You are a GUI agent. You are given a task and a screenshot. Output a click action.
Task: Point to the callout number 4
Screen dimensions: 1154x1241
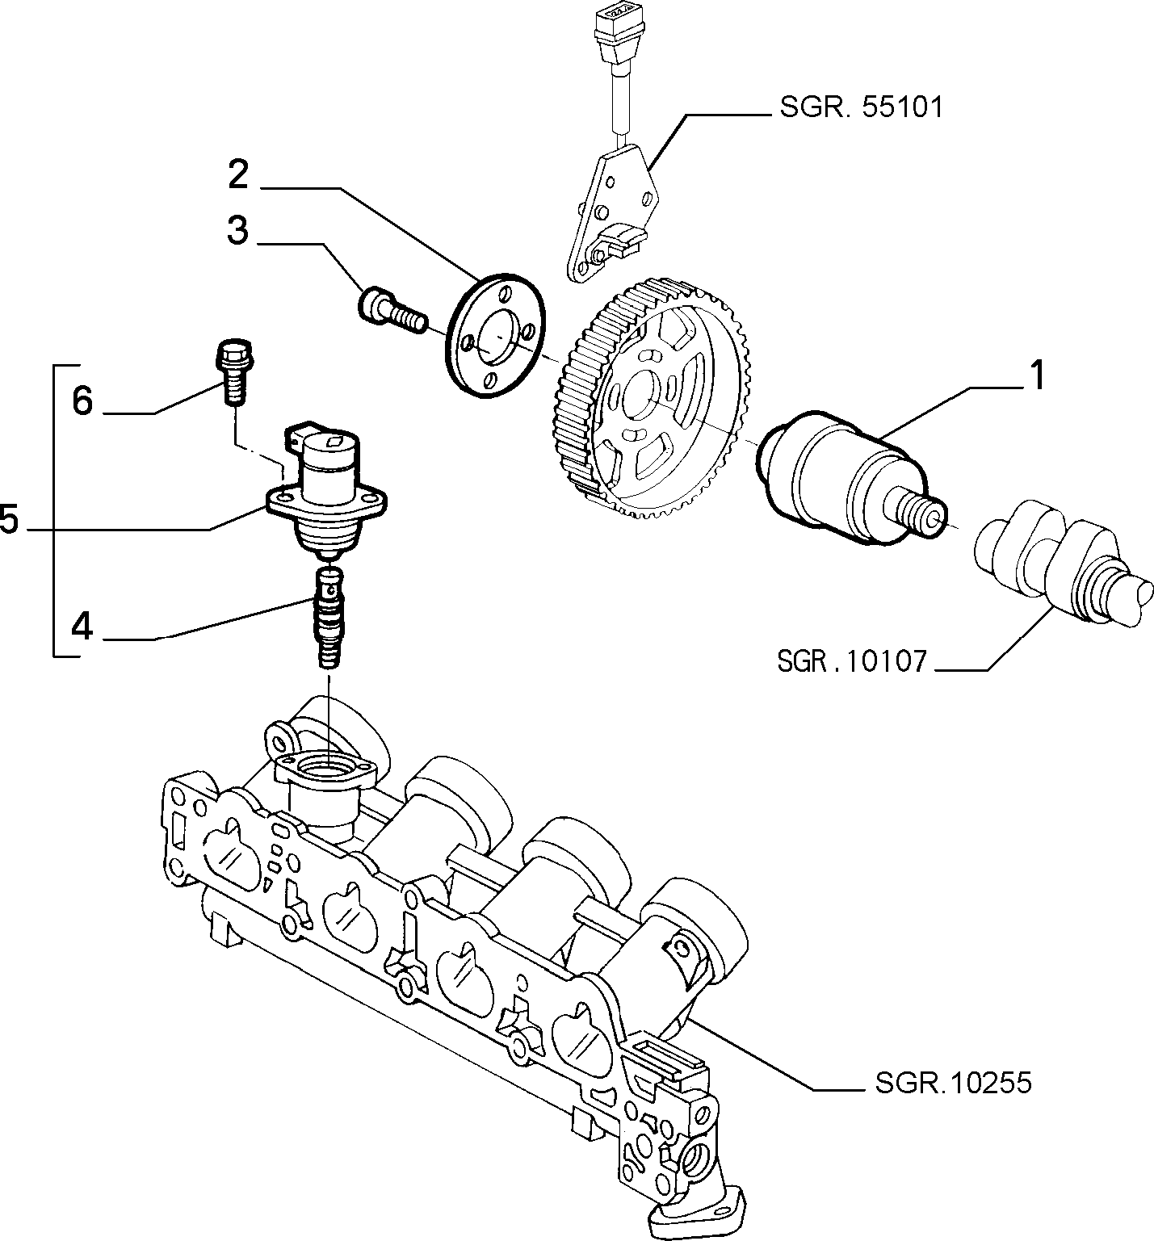[82, 626]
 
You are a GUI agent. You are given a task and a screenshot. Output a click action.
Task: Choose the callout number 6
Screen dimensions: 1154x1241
[82, 400]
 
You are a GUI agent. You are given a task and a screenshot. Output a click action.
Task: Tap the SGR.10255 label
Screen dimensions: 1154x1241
[953, 1082]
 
